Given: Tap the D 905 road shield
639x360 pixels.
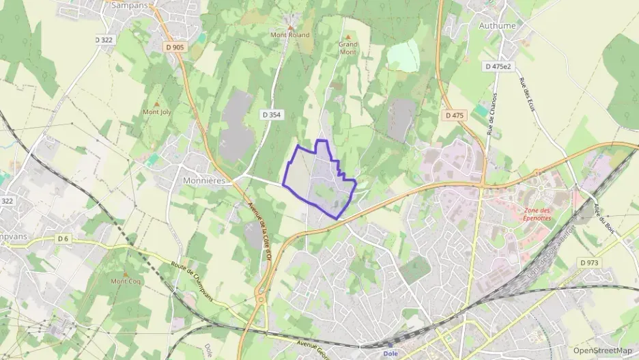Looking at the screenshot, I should pyautogui.click(x=175, y=47).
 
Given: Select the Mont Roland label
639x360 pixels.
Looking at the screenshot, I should pyautogui.click(x=289, y=35).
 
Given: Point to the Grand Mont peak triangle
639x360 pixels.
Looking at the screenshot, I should pyautogui.click(x=348, y=38).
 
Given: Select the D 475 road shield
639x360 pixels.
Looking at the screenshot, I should pyautogui.click(x=454, y=115).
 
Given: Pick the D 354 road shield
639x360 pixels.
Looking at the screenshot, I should pyautogui.click(x=271, y=115).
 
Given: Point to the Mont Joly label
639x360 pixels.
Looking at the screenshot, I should pyautogui.click(x=156, y=111).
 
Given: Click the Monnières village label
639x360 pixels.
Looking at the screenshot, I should pyautogui.click(x=203, y=181).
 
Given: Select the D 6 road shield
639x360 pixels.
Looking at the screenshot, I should pyautogui.click(x=63, y=238).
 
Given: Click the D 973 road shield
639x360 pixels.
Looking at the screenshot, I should pyautogui.click(x=588, y=262).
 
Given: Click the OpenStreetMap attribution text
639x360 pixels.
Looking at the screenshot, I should pyautogui.click(x=602, y=350).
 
